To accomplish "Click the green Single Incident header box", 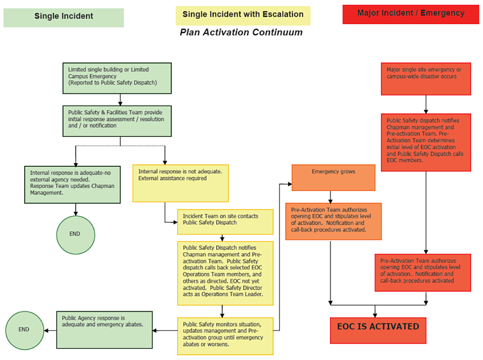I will pyautogui.click(x=63, y=17).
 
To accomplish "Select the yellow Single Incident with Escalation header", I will pyautogui.click(x=243, y=15).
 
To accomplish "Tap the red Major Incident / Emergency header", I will pyautogui.click(x=411, y=14).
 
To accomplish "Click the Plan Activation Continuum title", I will pyautogui.click(x=241, y=33).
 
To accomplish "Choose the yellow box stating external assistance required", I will pyautogui.click(x=180, y=183).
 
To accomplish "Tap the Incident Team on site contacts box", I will pyautogui.click(x=225, y=222).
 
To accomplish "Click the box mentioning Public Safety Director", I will pyautogui.click(x=225, y=273).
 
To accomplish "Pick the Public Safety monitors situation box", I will pyautogui.click(x=225, y=335).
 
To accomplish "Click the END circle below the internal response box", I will pyautogui.click(x=75, y=234).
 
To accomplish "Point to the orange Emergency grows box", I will pyautogui.click(x=333, y=178).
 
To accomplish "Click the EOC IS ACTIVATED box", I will pyautogui.click(x=378, y=329).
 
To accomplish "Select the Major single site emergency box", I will pyautogui.click(x=426, y=78).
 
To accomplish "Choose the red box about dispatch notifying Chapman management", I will pyautogui.click(x=426, y=142).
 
